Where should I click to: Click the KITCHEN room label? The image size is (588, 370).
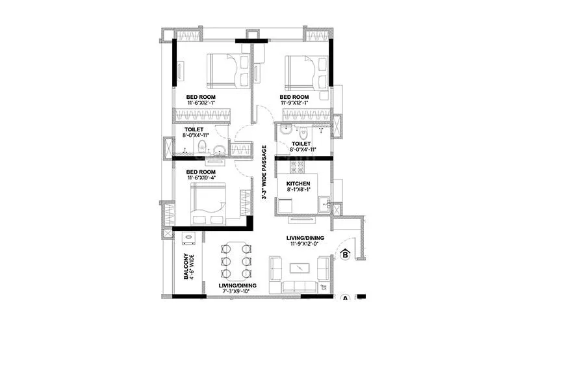pos(298,184)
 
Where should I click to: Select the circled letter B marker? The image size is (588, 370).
pos(345,255)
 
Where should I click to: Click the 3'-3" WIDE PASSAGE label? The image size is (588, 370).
pos(264,172)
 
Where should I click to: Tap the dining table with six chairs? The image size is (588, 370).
pos(235,260)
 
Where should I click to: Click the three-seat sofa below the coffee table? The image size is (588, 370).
pos(299,286)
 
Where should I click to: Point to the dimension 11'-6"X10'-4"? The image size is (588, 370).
pos(201,178)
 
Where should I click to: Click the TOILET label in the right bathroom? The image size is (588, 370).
pos(301,143)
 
